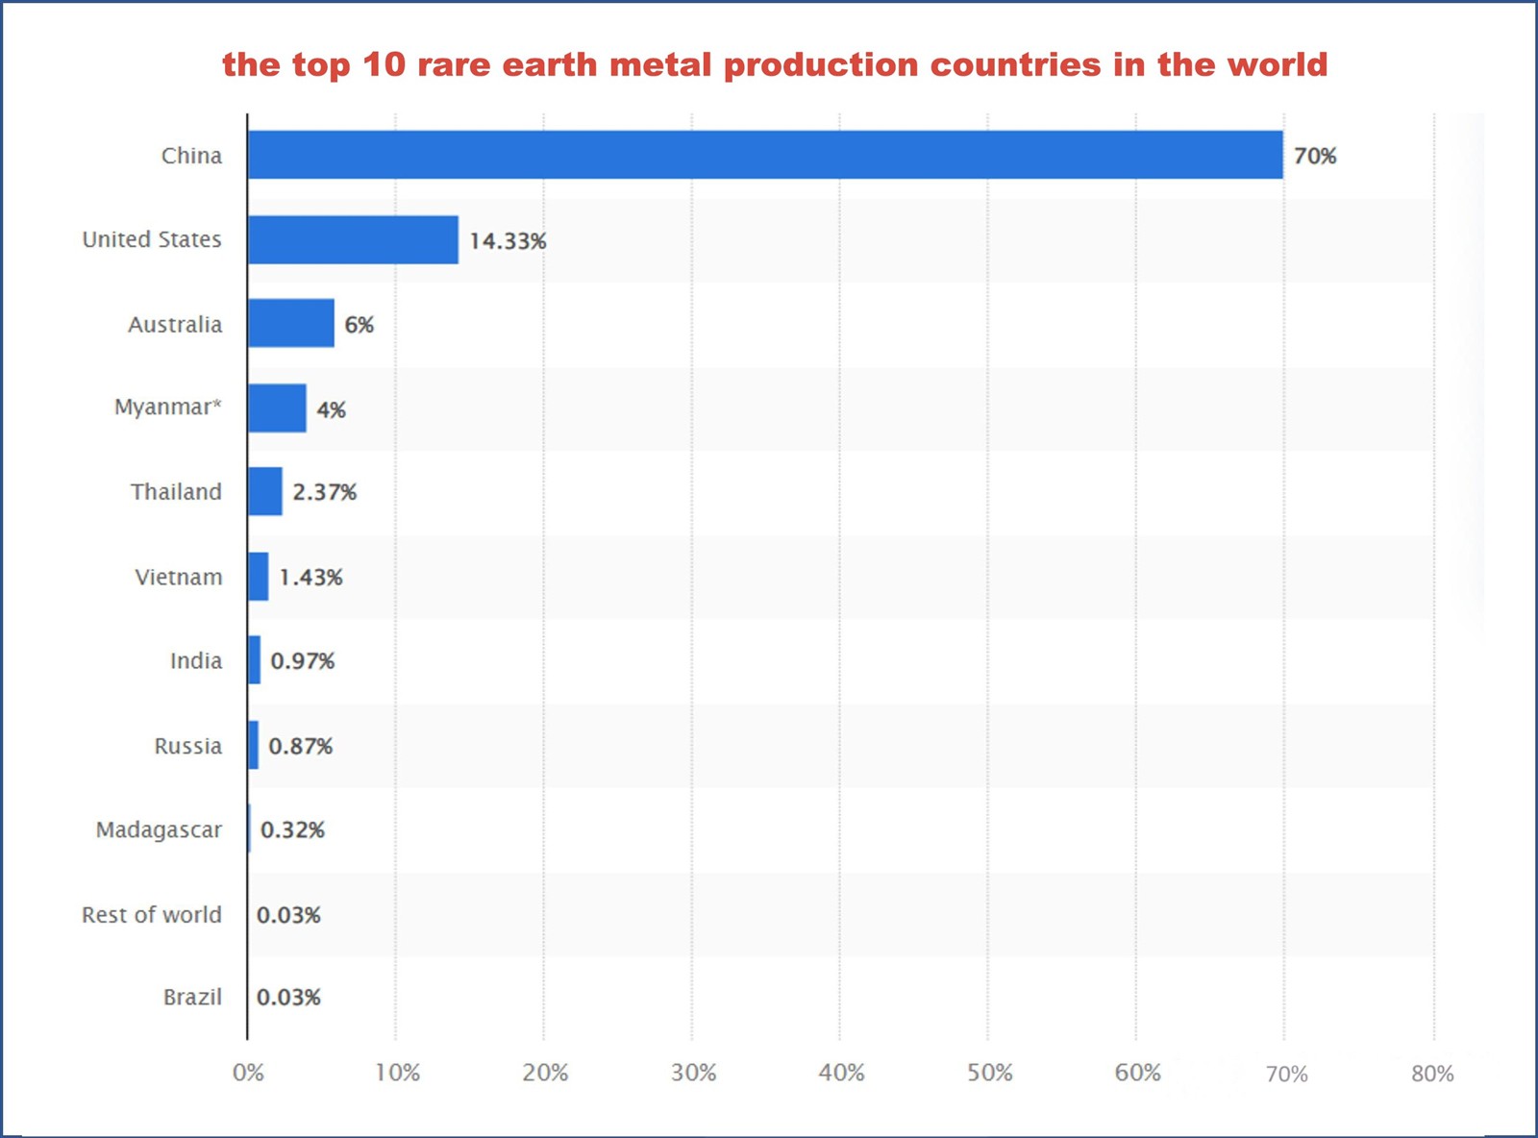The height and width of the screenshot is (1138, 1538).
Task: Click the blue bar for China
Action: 764,155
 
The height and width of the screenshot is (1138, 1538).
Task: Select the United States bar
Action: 353,239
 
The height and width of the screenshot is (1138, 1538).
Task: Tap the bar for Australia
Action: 291,323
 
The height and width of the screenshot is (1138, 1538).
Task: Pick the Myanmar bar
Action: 277,408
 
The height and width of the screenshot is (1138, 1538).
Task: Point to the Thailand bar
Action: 265,491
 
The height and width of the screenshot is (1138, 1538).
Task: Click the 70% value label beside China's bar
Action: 1314,156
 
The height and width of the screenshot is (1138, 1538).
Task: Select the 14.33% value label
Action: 508,240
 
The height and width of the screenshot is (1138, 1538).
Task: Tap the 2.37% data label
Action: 324,492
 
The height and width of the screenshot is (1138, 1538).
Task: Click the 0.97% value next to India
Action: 302,660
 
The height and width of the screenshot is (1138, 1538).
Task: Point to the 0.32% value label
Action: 292,829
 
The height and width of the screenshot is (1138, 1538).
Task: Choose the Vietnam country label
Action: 178,577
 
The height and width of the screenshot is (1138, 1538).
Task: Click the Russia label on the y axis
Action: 187,746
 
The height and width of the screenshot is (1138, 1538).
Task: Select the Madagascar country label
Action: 159,829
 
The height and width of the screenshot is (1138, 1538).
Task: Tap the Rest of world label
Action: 151,914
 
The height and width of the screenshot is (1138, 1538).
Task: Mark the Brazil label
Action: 192,997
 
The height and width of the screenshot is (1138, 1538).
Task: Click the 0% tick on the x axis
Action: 248,1073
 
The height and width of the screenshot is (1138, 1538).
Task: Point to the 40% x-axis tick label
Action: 841,1073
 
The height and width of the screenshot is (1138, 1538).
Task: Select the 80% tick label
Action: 1432,1074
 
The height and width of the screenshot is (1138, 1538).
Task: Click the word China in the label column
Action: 191,156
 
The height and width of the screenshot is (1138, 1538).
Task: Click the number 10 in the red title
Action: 384,64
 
